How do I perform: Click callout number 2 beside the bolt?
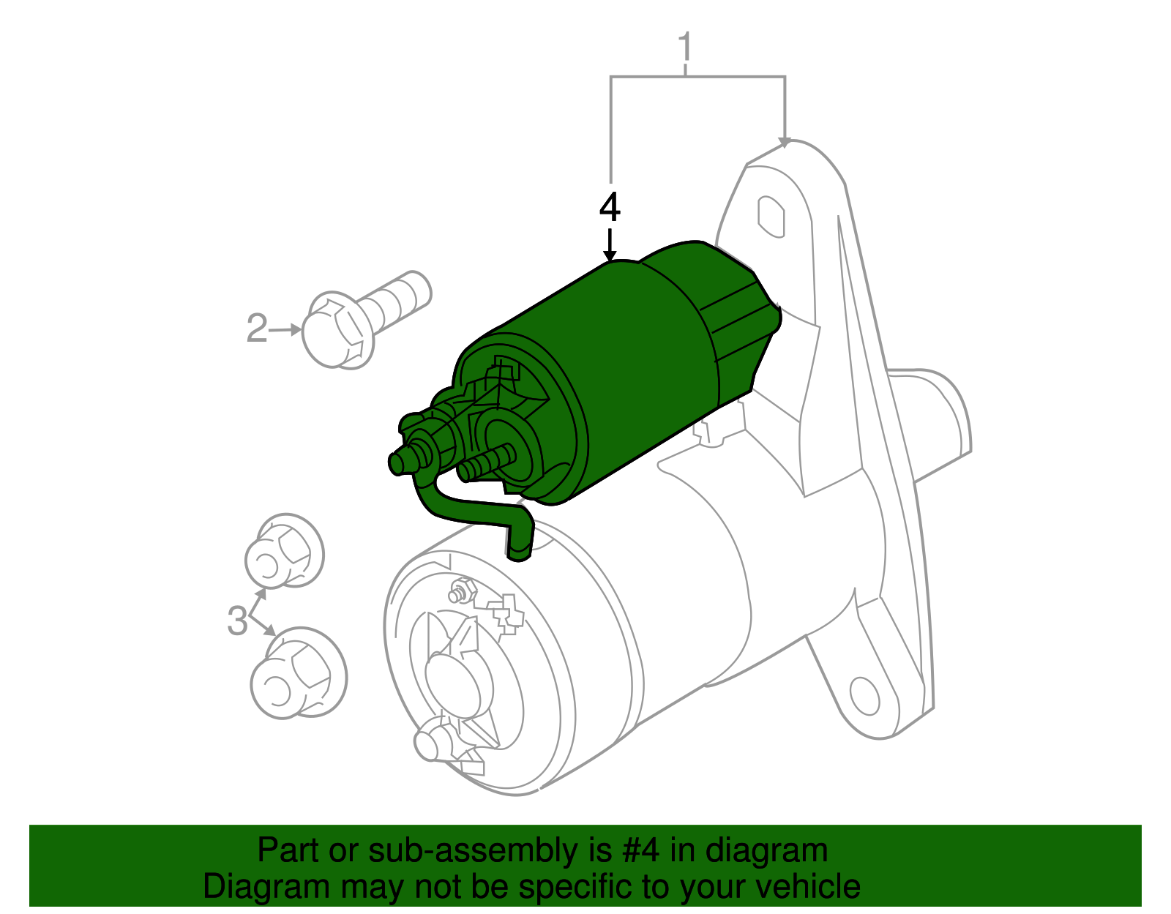[x=257, y=329]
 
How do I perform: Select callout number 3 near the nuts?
[x=237, y=621]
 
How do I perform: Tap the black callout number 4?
[x=609, y=208]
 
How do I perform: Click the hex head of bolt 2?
[x=336, y=331]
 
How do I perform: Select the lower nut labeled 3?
[x=298, y=673]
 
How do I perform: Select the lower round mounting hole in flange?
[x=864, y=695]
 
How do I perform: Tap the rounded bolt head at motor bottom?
[x=432, y=742]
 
